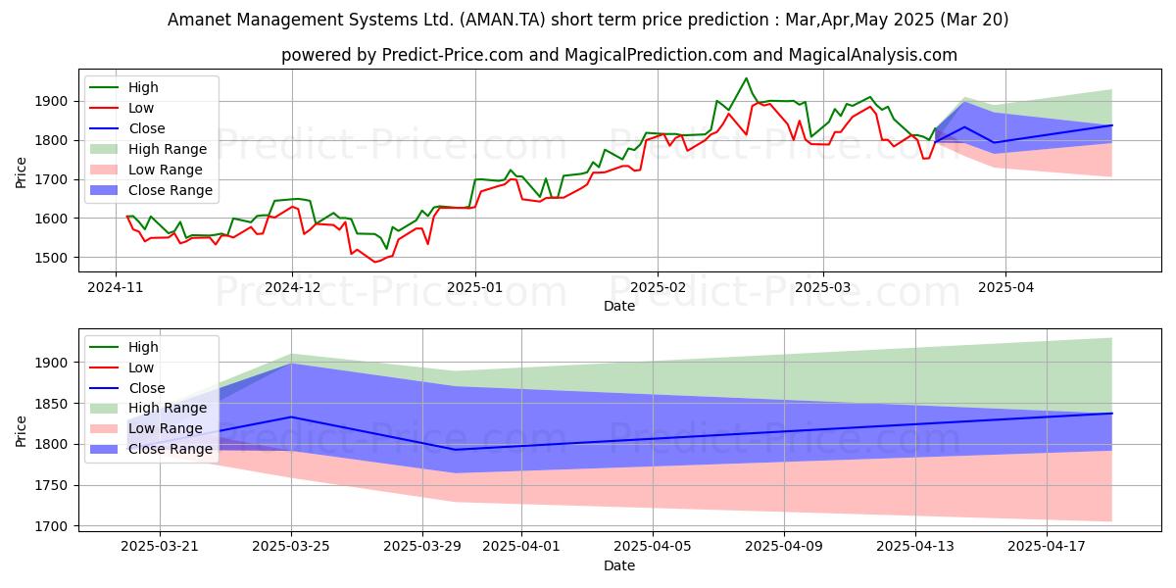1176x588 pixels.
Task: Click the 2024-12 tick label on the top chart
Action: click(x=292, y=288)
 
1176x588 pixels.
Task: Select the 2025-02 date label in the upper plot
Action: click(x=658, y=288)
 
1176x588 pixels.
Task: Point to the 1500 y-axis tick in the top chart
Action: click(x=51, y=258)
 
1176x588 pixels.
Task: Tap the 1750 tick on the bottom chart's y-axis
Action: click(x=51, y=486)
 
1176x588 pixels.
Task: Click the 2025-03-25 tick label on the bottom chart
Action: click(x=291, y=547)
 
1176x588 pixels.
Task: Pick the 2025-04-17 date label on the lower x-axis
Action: click(x=1047, y=547)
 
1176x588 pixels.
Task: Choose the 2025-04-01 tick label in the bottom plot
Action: click(x=521, y=547)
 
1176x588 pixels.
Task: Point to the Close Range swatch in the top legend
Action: click(x=104, y=190)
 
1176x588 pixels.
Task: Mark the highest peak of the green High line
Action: click(x=746, y=78)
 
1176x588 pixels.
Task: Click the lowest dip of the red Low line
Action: click(x=374, y=262)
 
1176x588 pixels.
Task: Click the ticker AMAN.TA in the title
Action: click(x=502, y=20)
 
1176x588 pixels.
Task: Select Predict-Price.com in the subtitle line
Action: click(x=453, y=55)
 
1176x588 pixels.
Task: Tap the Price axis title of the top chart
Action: click(x=21, y=172)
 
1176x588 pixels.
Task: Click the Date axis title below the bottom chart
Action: click(x=619, y=565)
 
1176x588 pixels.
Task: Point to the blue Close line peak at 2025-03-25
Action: click(x=291, y=416)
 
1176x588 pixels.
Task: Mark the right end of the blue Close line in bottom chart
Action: click(x=1112, y=414)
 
